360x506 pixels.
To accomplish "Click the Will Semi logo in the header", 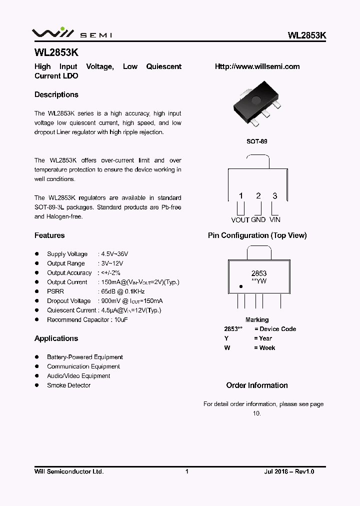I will point(71,33).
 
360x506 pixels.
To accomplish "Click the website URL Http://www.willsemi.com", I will point(257,66).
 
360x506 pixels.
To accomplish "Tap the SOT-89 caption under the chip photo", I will point(257,141).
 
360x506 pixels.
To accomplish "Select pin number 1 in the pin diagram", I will point(240,196).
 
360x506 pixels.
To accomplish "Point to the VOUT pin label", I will point(240,219).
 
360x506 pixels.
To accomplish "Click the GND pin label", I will point(258,219).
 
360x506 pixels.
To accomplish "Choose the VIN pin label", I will point(275,219).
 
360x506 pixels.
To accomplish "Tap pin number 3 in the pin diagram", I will point(275,196).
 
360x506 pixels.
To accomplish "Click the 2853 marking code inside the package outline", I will point(258,273).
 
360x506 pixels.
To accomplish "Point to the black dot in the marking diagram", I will point(240,287).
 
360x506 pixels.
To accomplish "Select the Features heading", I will point(49,235).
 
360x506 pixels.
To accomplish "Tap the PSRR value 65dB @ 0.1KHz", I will point(122,291).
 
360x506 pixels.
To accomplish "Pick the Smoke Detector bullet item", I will point(68,385).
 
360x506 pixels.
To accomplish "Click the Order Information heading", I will point(257,385).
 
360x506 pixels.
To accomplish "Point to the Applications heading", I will point(56,338).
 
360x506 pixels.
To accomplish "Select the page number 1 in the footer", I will point(187,471).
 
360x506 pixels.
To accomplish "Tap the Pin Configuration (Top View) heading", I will point(257,235).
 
